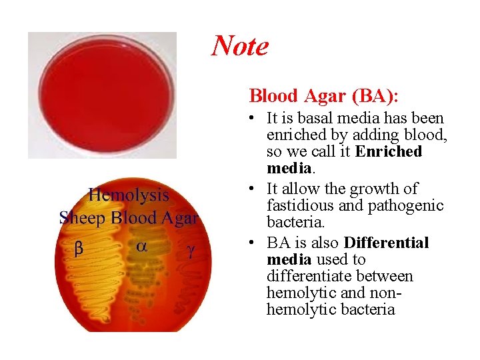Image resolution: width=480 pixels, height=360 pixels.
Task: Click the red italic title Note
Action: click(x=240, y=46)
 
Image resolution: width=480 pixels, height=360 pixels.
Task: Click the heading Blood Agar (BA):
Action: click(x=324, y=96)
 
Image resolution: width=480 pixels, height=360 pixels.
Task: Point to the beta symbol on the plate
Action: click(x=78, y=248)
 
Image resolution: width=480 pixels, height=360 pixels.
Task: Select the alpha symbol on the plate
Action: click(x=141, y=246)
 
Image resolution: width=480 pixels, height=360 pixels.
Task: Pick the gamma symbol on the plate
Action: click(x=190, y=249)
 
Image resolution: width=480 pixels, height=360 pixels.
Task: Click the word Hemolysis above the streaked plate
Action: click(x=129, y=195)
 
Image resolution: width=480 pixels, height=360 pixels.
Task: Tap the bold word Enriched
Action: click(x=389, y=151)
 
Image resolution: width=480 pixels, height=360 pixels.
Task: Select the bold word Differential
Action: click(x=386, y=243)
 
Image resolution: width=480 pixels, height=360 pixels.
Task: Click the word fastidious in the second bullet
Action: click(x=297, y=206)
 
